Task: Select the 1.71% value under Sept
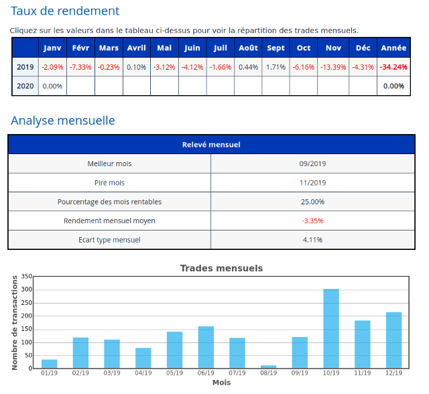(275, 67)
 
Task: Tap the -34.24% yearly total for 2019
(393, 67)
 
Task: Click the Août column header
(248, 48)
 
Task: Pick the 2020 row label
(25, 86)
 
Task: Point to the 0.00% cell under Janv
(52, 86)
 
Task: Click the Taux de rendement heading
(65, 11)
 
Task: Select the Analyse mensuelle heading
(63, 121)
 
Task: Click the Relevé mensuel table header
(212, 145)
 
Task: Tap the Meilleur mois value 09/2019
(312, 163)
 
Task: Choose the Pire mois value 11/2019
(312, 182)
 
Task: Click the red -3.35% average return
(312, 220)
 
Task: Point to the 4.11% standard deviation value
(312, 239)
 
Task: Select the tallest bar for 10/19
(331, 328)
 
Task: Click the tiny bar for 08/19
(268, 367)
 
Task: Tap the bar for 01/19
(49, 364)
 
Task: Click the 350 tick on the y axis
(27, 276)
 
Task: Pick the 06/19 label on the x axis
(206, 373)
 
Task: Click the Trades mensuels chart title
(221, 268)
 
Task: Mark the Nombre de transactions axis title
(15, 322)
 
